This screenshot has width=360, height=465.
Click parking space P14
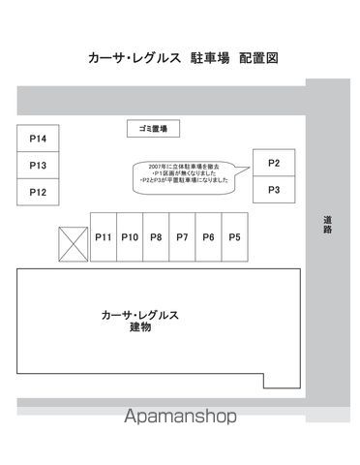point(38,139)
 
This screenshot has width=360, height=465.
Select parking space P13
point(38,166)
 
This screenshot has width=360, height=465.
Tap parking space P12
point(38,192)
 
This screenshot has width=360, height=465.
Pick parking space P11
point(104,237)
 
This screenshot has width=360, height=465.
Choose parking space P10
point(130,237)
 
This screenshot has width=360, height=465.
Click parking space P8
point(156,237)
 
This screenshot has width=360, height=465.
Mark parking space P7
point(182,237)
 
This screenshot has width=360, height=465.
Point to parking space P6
point(208,237)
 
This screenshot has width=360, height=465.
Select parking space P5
point(234,237)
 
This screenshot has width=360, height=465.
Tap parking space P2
point(274,163)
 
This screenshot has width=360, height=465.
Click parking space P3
point(274,190)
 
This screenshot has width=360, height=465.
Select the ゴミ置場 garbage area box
point(155,129)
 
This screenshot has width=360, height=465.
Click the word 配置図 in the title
point(258,58)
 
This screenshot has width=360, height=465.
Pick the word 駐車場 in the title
point(210,58)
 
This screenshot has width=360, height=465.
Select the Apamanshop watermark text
point(180,418)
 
